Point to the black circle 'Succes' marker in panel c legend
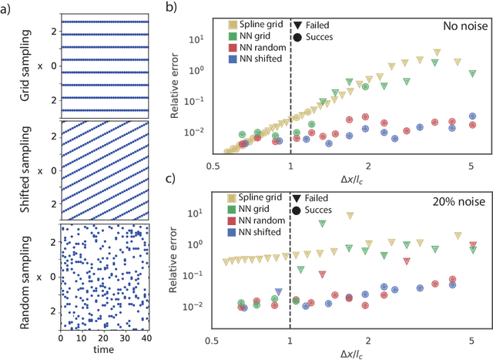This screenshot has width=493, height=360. coord(298,210)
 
